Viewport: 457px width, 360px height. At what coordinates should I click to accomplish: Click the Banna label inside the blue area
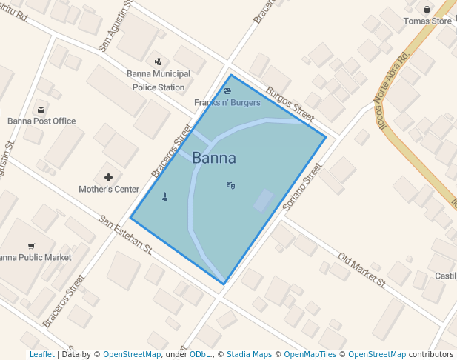(x=214, y=158)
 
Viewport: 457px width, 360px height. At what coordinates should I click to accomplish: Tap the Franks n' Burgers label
(x=227, y=102)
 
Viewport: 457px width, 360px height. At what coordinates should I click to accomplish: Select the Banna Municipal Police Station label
(x=159, y=80)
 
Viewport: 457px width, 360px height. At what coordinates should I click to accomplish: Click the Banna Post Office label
(x=41, y=121)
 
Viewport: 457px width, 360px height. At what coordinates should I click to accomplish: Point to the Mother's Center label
(x=109, y=189)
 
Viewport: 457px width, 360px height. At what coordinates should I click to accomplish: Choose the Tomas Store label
(x=427, y=21)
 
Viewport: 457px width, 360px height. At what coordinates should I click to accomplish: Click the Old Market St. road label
(x=362, y=270)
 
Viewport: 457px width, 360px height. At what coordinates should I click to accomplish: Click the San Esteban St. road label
(x=126, y=235)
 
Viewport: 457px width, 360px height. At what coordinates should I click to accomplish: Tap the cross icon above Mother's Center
(x=109, y=177)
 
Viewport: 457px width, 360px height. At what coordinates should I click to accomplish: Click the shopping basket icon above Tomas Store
(x=427, y=10)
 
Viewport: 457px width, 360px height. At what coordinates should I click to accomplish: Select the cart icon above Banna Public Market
(x=31, y=246)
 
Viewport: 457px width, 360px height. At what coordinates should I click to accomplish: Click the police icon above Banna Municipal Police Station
(x=158, y=61)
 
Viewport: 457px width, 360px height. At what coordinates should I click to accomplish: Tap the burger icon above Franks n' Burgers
(x=227, y=91)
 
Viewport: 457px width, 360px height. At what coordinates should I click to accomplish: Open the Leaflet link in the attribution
(x=41, y=354)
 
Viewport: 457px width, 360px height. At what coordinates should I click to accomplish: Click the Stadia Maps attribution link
(x=249, y=354)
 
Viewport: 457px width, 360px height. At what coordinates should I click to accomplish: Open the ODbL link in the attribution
(x=200, y=354)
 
